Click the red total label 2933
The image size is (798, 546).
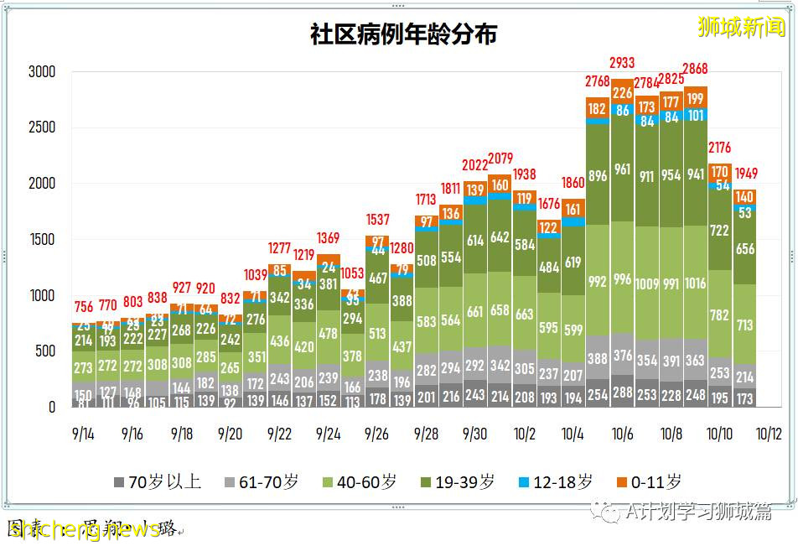622,62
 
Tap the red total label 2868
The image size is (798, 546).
695,69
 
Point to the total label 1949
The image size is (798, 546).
744,174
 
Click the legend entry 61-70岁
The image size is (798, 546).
259,481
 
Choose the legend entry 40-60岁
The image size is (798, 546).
360,481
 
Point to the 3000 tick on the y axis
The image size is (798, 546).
41,72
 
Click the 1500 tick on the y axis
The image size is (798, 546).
41,240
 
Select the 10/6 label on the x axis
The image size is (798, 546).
621,434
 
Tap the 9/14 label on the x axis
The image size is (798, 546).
83,434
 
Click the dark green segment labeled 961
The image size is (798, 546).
621,169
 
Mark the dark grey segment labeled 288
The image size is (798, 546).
621,392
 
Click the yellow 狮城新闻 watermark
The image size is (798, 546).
741,28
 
